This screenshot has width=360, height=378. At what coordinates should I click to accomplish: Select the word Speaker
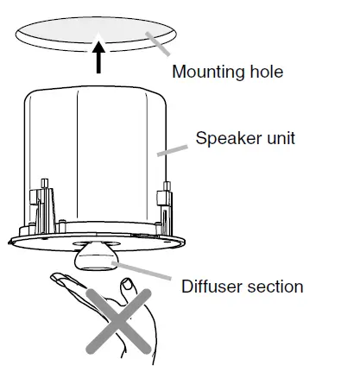pyautogui.click(x=227, y=138)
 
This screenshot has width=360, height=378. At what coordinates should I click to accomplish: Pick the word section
pyautogui.click(x=275, y=286)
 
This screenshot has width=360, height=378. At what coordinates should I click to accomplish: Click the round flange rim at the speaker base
pyautogui.click(x=52, y=245)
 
